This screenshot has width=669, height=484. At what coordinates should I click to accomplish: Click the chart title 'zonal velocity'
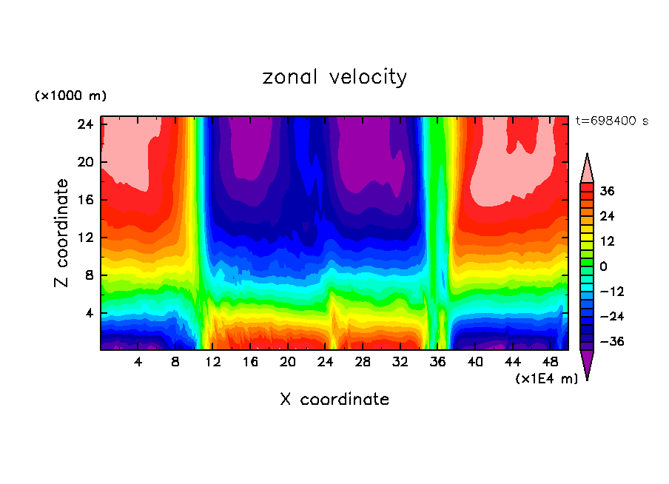334,77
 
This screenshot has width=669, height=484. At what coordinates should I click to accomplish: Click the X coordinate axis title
334,400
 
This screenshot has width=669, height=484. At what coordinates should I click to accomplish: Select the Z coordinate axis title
62,233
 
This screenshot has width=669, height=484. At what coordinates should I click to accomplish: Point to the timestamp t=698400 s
612,121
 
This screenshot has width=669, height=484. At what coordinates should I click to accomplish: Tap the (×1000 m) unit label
70,96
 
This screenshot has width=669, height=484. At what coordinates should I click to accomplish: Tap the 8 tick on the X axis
175,362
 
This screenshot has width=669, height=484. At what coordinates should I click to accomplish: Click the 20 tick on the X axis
288,362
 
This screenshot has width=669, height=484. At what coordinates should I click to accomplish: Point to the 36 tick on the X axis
438,362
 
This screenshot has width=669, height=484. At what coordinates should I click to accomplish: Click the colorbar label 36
607,191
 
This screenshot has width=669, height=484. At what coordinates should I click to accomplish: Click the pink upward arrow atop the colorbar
587,169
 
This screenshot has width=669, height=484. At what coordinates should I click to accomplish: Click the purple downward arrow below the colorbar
587,364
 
